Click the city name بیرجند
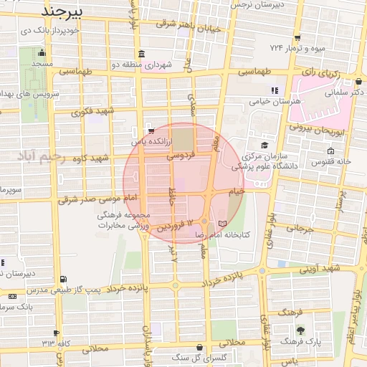(x=62, y=12)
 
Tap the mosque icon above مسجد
(x=42, y=52)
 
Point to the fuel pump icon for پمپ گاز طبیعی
(x=65, y=279)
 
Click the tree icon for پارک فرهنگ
(x=300, y=330)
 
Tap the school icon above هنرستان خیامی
(x=273, y=90)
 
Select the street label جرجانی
(x=301, y=229)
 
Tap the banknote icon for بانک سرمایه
(x=12, y=296)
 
